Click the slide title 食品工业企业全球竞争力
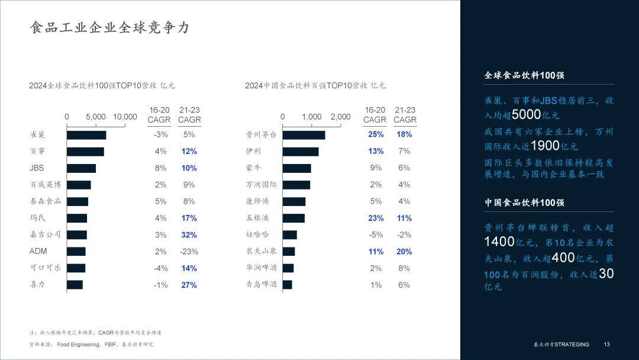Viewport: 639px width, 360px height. [x=110, y=28]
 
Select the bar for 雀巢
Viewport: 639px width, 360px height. [x=86, y=135]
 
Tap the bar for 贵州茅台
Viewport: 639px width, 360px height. [x=304, y=135]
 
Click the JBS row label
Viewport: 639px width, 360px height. [x=37, y=168]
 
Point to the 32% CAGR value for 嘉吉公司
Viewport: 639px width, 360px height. [x=189, y=235]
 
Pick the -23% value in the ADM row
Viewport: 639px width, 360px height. [x=189, y=252]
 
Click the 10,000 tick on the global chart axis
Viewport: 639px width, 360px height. [x=125, y=117]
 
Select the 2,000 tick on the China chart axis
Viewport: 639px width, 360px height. [x=341, y=117]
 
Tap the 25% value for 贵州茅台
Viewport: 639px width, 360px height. [x=376, y=134]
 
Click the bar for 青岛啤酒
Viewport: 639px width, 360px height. [x=288, y=285]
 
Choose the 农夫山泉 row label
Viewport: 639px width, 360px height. [x=261, y=252]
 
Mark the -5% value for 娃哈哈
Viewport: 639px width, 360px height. [x=376, y=235]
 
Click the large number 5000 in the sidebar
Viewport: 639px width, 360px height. [x=526, y=115]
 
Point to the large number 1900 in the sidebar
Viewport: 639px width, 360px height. [x=546, y=146]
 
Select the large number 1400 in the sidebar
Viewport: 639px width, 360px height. [x=499, y=242]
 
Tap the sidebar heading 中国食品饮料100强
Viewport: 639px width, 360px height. [x=524, y=202]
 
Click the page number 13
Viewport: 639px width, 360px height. [x=606, y=345]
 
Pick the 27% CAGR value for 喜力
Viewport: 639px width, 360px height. [x=189, y=285]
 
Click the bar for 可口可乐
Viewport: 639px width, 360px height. [x=76, y=268]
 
